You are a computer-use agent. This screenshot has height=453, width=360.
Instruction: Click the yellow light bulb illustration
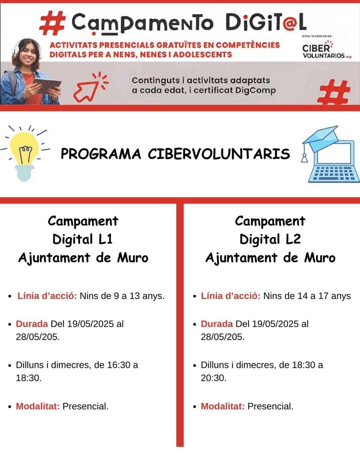(x=25, y=151)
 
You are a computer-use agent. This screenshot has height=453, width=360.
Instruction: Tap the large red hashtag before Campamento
(x=52, y=23)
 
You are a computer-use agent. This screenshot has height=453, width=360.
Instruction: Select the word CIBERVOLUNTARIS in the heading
(x=219, y=154)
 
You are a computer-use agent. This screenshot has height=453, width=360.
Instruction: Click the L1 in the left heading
(x=106, y=239)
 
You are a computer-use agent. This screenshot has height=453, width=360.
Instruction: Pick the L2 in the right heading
(x=293, y=239)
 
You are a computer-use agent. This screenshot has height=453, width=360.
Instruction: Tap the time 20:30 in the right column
(x=213, y=378)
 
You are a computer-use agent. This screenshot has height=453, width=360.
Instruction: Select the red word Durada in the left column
(x=32, y=324)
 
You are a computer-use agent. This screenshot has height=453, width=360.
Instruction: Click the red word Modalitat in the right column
(x=222, y=406)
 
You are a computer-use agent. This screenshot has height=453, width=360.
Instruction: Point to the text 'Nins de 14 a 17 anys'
(x=307, y=296)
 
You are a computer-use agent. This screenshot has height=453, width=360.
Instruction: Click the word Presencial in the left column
(x=85, y=406)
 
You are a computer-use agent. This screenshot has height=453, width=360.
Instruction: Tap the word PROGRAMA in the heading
(x=101, y=154)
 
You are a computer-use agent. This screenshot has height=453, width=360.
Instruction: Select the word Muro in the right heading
(x=320, y=258)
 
